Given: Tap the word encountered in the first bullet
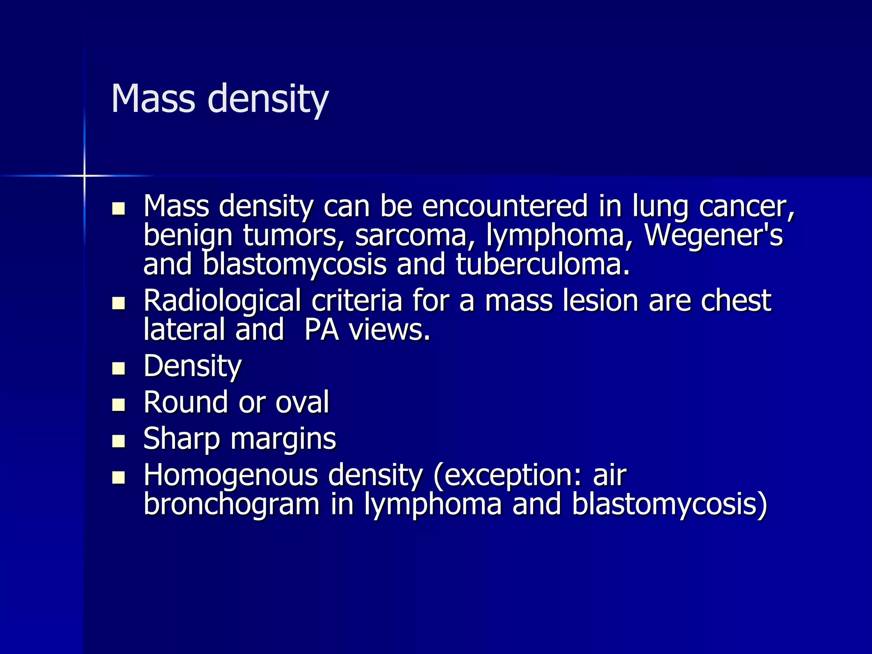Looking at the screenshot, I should click(x=505, y=206).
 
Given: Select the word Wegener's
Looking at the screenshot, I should click(x=713, y=235).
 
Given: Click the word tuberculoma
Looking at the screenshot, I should click(x=542, y=264).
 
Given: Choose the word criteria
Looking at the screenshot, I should click(x=357, y=301).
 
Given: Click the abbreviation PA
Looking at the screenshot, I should click(x=322, y=330).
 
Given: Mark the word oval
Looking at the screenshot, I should click(x=302, y=402).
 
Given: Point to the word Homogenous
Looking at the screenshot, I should click(x=230, y=475).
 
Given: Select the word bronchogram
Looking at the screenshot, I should click(x=231, y=505).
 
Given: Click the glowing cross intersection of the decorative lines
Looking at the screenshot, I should click(x=84, y=175).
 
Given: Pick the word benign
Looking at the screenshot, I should click(x=188, y=236).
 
